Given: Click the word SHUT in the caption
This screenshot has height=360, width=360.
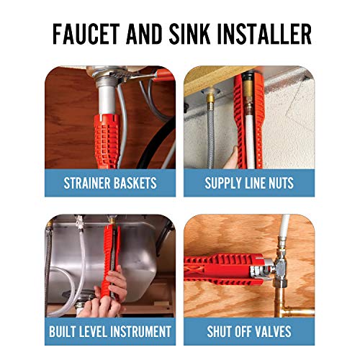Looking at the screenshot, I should [223, 331].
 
